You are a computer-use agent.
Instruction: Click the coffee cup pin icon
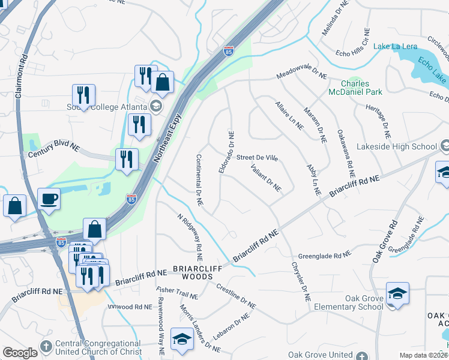click(49, 199)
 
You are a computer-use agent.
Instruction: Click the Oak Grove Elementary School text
click(364, 302)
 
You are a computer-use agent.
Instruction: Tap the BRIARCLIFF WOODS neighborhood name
click(193, 272)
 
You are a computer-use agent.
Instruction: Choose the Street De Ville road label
click(257, 158)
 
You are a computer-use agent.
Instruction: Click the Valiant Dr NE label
click(267, 178)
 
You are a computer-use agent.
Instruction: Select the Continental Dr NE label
click(199, 181)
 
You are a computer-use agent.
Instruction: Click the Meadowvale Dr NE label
click(301, 76)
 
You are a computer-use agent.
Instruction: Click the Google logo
click(20, 353)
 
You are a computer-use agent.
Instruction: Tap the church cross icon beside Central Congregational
click(46, 347)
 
